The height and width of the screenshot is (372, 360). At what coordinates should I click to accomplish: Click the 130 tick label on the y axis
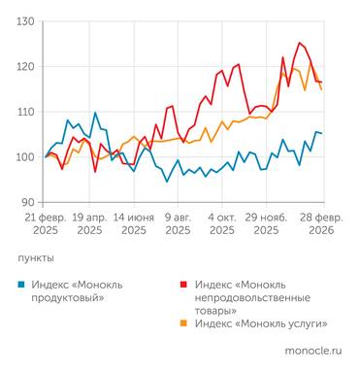pos(26,21)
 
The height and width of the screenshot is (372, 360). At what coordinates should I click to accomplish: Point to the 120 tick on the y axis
pos(26,67)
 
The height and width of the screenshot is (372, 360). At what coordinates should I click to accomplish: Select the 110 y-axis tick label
pos(26,112)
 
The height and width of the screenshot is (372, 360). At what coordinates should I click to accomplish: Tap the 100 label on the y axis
pos(26,156)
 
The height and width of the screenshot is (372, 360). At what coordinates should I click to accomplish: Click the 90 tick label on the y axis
pos(29,201)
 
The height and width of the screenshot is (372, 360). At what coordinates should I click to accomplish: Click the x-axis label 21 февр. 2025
pos(45,224)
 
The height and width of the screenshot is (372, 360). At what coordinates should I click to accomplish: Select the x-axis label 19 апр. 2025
pos(89,224)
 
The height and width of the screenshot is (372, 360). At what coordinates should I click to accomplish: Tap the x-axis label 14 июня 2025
pos(134,224)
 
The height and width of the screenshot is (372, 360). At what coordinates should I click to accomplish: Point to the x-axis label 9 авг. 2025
pos(179,224)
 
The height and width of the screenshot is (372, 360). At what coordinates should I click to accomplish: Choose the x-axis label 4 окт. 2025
pos(222,224)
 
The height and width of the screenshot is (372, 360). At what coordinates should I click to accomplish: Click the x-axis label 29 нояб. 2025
pos(267,224)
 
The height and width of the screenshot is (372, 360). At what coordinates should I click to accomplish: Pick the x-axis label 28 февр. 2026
pos(313,224)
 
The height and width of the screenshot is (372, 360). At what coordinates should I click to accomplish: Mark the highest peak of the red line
pos(300,43)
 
